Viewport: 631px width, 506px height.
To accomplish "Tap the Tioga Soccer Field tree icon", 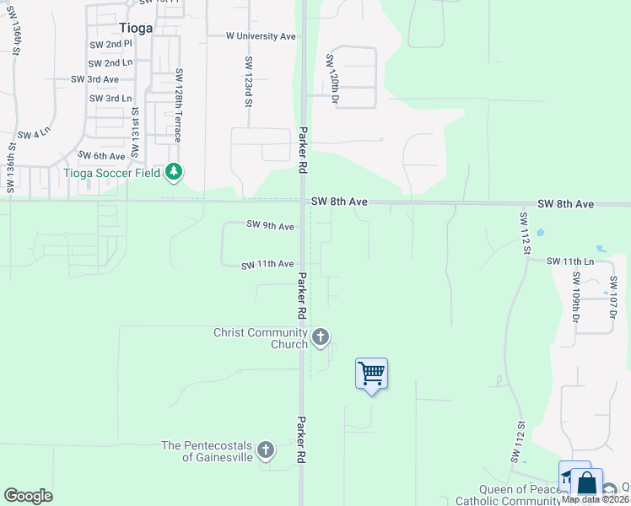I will (x=174, y=173).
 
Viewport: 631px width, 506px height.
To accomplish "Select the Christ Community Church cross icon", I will (x=320, y=337).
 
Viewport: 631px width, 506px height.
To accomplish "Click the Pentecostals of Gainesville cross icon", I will (x=266, y=450).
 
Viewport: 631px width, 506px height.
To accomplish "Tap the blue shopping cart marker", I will (x=371, y=373).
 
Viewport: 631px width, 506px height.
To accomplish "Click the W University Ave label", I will (x=261, y=36).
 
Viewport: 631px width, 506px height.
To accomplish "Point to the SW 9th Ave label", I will (x=270, y=226).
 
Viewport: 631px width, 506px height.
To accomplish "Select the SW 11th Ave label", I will (x=267, y=265).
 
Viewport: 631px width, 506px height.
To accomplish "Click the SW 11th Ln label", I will (x=569, y=261).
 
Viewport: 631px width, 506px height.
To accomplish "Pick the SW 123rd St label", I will (x=249, y=82).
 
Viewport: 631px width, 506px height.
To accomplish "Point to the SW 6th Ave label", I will (x=101, y=156).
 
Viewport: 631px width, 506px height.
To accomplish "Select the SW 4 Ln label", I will (x=35, y=134).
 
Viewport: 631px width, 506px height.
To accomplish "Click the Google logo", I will (x=28, y=496).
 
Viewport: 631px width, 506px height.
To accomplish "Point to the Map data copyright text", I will (x=595, y=499).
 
